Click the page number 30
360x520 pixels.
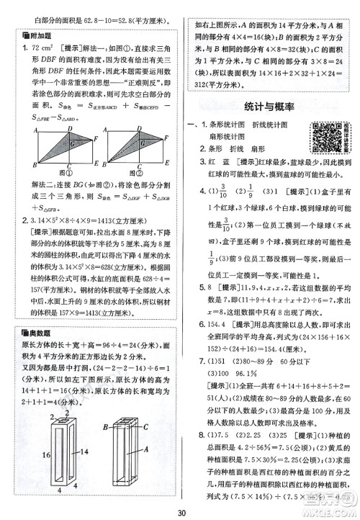point(180,513)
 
